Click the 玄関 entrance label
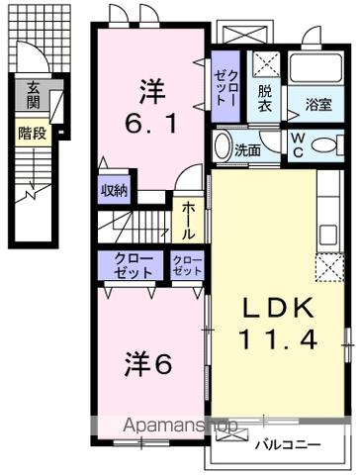[34, 94]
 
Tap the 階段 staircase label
[33, 132]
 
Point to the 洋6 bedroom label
[149, 363]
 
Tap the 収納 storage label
[114, 191]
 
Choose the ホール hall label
[186, 220]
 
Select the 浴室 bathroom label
[317, 103]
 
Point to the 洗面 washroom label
[247, 150]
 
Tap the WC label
[297, 144]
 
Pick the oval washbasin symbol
[223, 144]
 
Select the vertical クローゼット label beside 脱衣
[226, 89]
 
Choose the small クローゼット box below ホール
[186, 265]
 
